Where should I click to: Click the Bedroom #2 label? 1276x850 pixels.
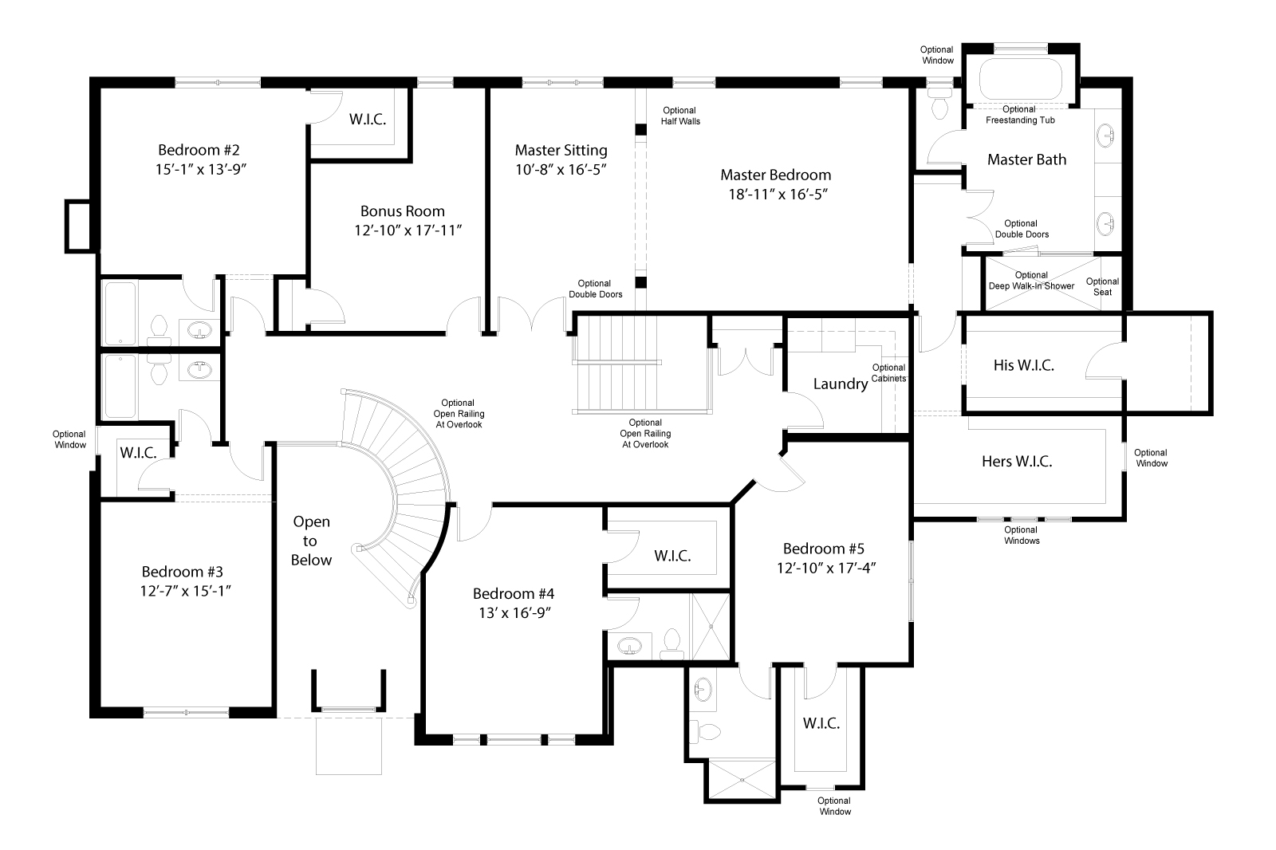point(199,150)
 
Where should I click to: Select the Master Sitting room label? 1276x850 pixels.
point(561,150)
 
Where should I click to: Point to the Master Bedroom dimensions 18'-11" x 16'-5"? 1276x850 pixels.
point(775,195)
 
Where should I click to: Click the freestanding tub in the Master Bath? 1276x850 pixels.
point(1020,80)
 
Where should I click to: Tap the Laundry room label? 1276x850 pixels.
point(840,384)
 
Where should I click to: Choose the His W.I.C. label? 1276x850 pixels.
point(1023,366)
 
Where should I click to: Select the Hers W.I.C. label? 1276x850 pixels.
point(1016,462)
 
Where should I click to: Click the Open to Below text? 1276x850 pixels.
point(311,541)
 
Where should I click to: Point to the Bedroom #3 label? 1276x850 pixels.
point(182,572)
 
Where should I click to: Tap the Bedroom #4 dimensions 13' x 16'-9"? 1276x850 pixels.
point(513,612)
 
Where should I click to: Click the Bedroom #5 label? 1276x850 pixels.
point(823,549)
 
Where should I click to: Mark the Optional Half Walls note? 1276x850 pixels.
point(679,116)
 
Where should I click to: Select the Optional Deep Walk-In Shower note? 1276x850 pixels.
point(1031,281)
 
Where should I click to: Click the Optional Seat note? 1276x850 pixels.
point(1102,286)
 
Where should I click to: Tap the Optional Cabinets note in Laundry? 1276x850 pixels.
point(888,373)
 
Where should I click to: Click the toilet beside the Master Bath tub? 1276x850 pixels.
point(939,104)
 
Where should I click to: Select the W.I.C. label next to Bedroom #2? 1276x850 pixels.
point(368,120)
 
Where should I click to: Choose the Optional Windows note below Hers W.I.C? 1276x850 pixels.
point(1021,535)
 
